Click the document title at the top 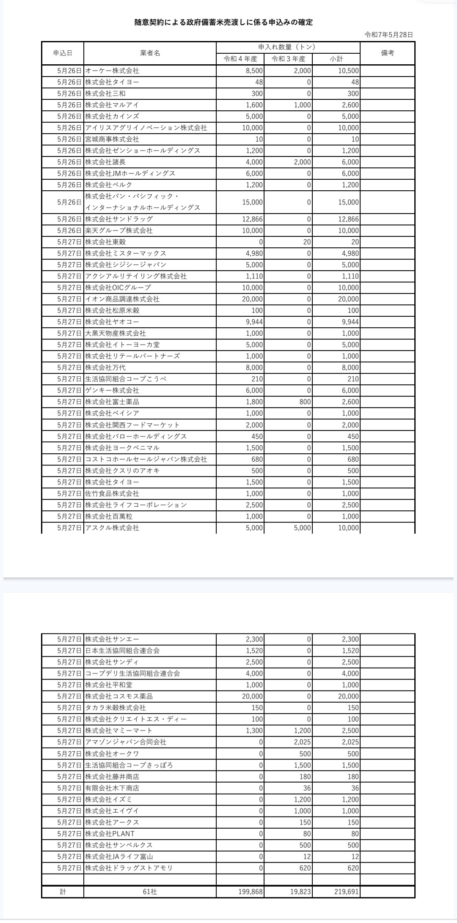tap(223, 22)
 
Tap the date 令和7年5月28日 tap(388, 35)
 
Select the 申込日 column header tap(63, 53)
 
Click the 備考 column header tap(387, 53)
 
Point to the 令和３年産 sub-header tap(288, 59)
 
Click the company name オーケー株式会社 tap(112, 71)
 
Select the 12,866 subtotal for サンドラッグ tap(348, 219)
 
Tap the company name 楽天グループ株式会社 tap(119, 230)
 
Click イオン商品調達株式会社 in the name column tap(122, 299)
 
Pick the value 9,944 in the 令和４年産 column tap(254, 322)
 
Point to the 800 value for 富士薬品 tap(305, 402)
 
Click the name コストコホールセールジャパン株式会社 tap(146, 459)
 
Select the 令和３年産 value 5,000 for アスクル tap(302, 528)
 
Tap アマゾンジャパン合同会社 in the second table tap(126, 742)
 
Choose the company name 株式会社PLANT tap(110, 834)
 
